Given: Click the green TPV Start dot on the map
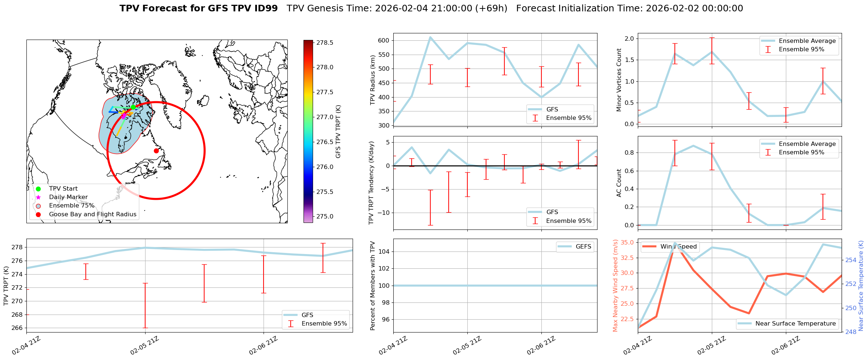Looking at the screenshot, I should pyautogui.click(x=133, y=107).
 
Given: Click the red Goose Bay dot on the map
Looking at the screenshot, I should pyautogui.click(x=156, y=151).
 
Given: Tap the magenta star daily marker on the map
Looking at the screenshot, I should pyautogui.click(x=124, y=116).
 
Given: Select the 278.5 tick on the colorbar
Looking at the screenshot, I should pyautogui.click(x=324, y=43).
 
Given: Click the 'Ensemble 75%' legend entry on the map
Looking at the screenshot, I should pyautogui.click(x=71, y=206).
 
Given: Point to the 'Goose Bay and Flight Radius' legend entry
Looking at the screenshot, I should pyautogui.click(x=92, y=214).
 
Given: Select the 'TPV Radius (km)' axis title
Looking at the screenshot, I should pyautogui.click(x=373, y=80).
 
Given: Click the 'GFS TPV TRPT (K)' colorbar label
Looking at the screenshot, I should pyautogui.click(x=338, y=131).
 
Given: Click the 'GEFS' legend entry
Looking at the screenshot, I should pyautogui.click(x=583, y=246).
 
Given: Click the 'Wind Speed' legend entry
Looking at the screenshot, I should pyautogui.click(x=678, y=246).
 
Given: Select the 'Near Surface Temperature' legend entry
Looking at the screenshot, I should pyautogui.click(x=795, y=323).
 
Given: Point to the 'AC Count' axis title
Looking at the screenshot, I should pyautogui.click(x=619, y=183).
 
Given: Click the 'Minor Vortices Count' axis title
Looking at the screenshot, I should pyautogui.click(x=619, y=80).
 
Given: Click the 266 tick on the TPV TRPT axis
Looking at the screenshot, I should pyautogui.click(x=17, y=328).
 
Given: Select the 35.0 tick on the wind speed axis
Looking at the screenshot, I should pyautogui.click(x=627, y=242).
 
